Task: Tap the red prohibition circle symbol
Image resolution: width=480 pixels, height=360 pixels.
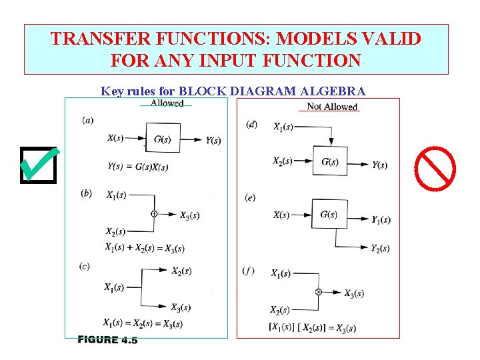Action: click(x=435, y=167)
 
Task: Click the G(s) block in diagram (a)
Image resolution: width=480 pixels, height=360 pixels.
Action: click(x=162, y=139)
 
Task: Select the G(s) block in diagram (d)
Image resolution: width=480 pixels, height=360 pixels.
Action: click(x=330, y=161)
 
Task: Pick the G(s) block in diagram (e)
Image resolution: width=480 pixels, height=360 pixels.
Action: click(x=329, y=214)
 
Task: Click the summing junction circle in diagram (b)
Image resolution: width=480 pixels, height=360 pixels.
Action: click(x=154, y=214)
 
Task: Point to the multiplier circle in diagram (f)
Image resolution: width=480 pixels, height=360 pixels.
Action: click(x=318, y=292)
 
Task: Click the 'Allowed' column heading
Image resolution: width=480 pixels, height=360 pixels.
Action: click(x=167, y=103)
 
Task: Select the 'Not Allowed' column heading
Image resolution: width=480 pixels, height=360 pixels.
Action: click(x=331, y=107)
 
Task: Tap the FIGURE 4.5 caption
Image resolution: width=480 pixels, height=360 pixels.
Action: click(x=107, y=340)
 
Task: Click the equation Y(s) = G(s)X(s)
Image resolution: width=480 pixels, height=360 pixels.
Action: click(x=137, y=166)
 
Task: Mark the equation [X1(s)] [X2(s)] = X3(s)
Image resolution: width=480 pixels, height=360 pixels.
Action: click(x=311, y=327)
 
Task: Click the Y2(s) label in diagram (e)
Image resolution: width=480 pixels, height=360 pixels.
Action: click(x=380, y=249)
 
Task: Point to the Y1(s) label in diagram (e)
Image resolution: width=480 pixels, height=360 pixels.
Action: click(x=381, y=219)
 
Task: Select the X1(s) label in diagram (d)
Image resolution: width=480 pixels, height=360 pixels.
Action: click(x=283, y=127)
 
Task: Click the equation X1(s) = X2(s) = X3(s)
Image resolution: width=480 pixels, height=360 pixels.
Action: click(x=143, y=323)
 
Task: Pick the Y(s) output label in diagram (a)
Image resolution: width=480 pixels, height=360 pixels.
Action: click(x=213, y=140)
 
